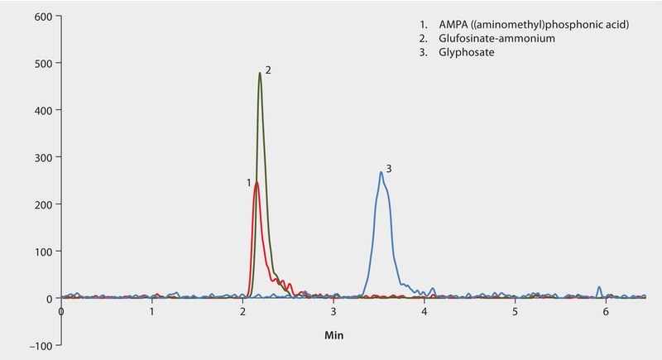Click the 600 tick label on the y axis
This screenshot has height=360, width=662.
coord(41,17)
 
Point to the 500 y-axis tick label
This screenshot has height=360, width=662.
coord(41,63)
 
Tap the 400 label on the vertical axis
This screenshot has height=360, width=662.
coord(41,110)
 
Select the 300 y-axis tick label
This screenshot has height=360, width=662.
coord(41,157)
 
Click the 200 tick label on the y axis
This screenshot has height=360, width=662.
coord(41,204)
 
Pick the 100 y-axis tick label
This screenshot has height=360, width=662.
coord(41,252)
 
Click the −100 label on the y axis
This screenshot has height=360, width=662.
coord(38,345)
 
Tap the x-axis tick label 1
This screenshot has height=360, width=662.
coord(152,312)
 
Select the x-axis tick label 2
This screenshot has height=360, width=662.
coord(243,312)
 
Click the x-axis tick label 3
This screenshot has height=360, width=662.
coord(333,312)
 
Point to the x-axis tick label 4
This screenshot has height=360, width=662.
coord(425,312)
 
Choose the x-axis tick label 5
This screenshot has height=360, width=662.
coord(515,312)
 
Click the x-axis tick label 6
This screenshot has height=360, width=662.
coord(606,312)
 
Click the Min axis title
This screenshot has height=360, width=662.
coord(334,336)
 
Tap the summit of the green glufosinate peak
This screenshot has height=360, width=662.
coord(260,73)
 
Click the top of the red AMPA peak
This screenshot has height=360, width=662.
coord(257,183)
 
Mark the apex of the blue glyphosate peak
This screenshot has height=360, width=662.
coord(381,172)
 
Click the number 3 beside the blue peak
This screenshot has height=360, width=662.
coord(388,169)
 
